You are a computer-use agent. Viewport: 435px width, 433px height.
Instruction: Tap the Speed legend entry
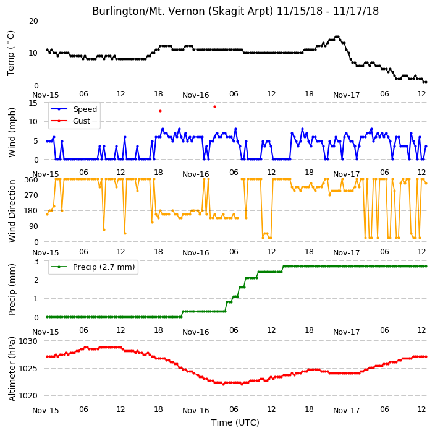click(x=74, y=109)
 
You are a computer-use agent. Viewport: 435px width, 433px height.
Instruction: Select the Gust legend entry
click(x=70, y=121)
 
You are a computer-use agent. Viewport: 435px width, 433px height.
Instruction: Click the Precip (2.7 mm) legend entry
click(x=93, y=267)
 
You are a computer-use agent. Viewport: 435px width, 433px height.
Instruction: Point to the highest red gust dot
click(x=215, y=106)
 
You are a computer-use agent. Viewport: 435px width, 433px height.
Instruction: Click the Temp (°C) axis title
click(x=11, y=53)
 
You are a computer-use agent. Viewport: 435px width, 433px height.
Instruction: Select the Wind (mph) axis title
click(x=12, y=132)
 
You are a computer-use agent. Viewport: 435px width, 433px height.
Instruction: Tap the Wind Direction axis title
click(x=12, y=211)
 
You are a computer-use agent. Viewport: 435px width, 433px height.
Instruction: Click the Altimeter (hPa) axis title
click(x=12, y=369)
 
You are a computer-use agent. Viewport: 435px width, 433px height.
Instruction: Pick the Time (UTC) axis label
click(x=235, y=422)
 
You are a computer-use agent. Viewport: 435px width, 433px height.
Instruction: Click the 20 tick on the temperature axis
click(x=33, y=21)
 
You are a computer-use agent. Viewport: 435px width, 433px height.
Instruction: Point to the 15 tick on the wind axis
click(x=33, y=103)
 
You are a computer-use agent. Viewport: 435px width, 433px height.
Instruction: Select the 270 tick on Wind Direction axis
click(x=32, y=195)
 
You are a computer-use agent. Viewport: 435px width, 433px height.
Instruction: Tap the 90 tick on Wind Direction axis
click(x=33, y=226)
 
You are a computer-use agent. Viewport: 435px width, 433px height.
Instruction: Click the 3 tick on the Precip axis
click(x=36, y=261)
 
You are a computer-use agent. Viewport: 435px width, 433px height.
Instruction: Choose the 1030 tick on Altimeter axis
click(x=28, y=341)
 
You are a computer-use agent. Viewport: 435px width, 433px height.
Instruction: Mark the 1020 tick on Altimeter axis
click(x=28, y=395)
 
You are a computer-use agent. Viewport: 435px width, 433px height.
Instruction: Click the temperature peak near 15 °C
click(x=337, y=36)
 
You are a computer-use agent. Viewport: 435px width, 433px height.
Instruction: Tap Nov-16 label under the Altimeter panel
click(x=196, y=411)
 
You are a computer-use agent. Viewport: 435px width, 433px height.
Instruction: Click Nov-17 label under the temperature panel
click(x=346, y=95)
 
